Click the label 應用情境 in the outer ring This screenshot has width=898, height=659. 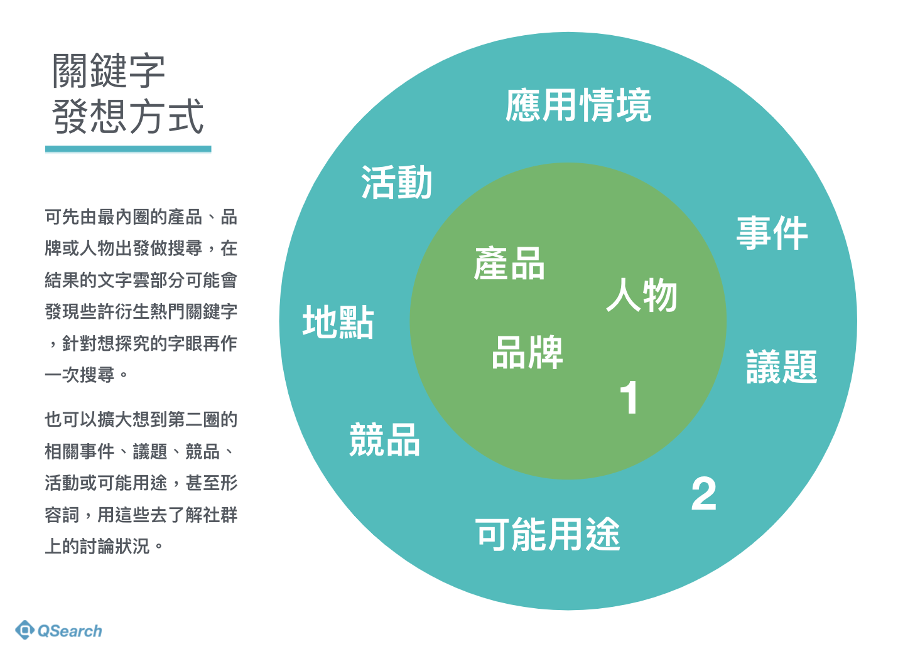[578, 105]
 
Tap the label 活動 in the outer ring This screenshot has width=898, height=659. [396, 183]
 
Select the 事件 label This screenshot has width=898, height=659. [772, 233]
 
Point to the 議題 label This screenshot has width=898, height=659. [781, 367]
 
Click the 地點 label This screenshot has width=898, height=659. [338, 322]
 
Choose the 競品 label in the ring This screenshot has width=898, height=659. [384, 439]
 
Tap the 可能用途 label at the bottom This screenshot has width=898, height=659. [548, 535]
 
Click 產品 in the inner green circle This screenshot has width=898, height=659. [509, 263]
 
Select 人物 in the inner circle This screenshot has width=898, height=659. [641, 295]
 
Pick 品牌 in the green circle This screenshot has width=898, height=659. [527, 352]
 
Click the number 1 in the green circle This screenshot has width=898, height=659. [629, 398]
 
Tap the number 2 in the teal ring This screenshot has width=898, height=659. [703, 494]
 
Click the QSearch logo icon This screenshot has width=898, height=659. [24, 630]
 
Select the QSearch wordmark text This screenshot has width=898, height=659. [69, 631]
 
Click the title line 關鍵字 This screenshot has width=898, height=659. [109, 70]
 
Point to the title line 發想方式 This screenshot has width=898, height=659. [128, 117]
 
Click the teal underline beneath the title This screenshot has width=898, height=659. [128, 149]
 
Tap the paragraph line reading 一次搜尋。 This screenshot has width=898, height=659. [86, 375]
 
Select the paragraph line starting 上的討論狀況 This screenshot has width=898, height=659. [104, 546]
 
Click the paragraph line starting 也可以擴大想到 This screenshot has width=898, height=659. [141, 419]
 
